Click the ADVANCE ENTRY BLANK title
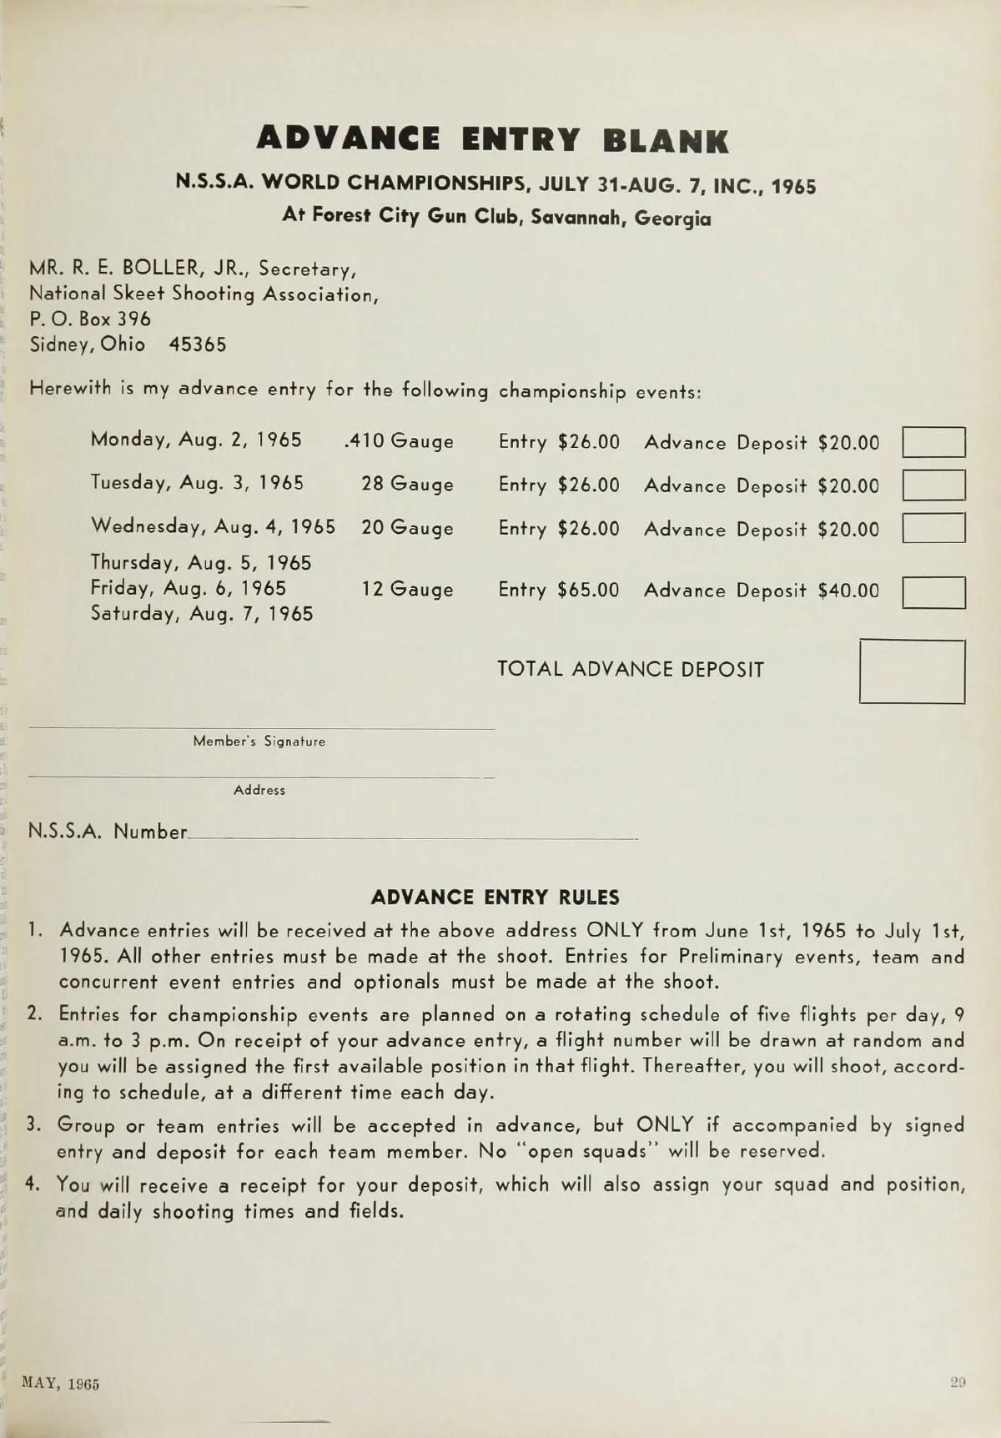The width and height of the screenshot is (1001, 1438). pos(492,140)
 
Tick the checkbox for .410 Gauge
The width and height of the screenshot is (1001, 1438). pos(933,442)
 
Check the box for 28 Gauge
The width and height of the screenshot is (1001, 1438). pos(933,485)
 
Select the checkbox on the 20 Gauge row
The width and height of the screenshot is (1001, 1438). pos(933,529)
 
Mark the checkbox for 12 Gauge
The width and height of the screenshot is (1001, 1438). pos(933,592)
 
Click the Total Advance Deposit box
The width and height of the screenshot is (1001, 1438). pos(912,671)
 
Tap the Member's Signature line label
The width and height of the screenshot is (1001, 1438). pos(259,742)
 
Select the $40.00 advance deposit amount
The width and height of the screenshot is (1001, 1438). pos(848,591)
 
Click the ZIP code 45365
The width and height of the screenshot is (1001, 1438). pos(198,345)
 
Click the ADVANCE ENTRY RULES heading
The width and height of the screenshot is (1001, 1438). pos(495,898)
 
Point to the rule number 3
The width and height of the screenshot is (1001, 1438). pos(33,1124)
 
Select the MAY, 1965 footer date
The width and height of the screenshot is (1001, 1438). pos(61,1384)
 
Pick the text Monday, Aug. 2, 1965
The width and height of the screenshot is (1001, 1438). pos(196,440)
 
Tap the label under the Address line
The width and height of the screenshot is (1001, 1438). pos(259,791)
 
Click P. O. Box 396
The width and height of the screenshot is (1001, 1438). pos(90,319)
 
